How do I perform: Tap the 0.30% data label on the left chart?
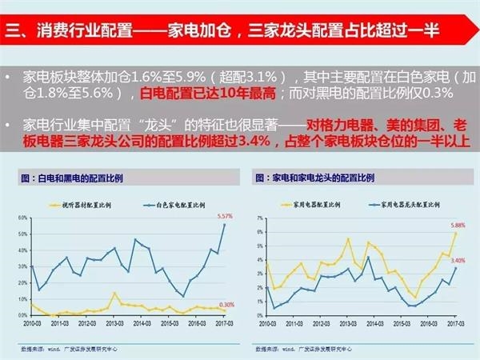[x=226, y=304]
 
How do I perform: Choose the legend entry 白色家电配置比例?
[x=168, y=206]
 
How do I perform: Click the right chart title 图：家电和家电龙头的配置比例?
[x=315, y=174]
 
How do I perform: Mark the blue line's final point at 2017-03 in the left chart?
[x=223, y=224]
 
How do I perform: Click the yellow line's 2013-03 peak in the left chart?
[x=115, y=293]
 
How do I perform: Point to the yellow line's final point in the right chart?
[x=456, y=233]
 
